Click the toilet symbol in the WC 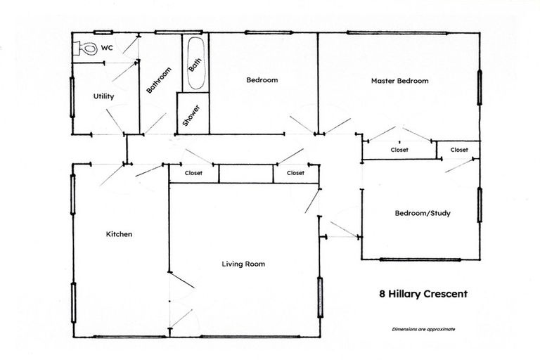tap(86, 49)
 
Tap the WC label tap(108, 48)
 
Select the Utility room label tap(103, 97)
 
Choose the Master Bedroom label tap(399, 81)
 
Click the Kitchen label tap(119, 234)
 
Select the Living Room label tap(243, 264)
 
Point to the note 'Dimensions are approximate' tap(423, 329)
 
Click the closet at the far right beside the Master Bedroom tap(458, 150)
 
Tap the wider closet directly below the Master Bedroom tap(399, 150)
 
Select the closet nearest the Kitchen tap(193, 173)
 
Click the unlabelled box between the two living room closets tap(245, 174)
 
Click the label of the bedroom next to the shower tap(262, 80)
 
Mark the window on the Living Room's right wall tap(320, 297)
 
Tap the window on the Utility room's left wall tap(72, 96)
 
